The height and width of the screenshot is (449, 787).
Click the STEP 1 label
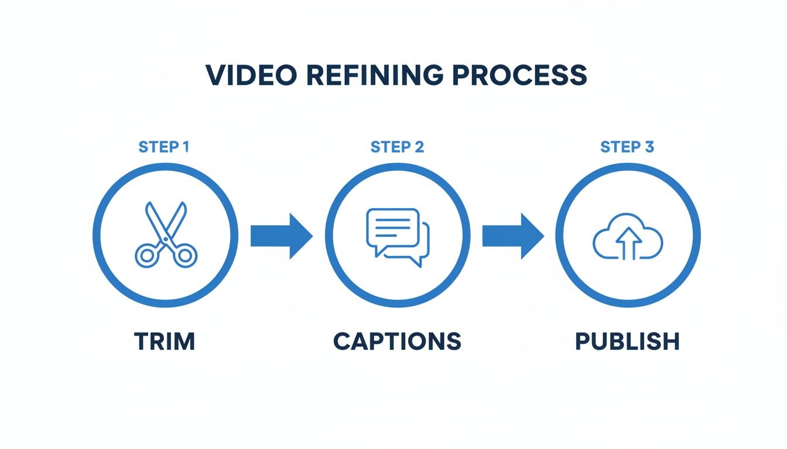164,147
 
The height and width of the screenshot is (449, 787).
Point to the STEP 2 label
397,147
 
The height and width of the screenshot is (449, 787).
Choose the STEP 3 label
627,147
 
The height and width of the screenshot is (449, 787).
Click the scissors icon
166,235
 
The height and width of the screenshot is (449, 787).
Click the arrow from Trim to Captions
281,236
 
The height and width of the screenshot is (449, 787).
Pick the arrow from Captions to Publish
513,236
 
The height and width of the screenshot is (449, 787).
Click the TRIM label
165,341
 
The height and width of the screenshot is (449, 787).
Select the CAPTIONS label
397,341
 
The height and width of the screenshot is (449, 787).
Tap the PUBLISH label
627,341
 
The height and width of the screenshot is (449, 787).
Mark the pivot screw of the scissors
166,239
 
